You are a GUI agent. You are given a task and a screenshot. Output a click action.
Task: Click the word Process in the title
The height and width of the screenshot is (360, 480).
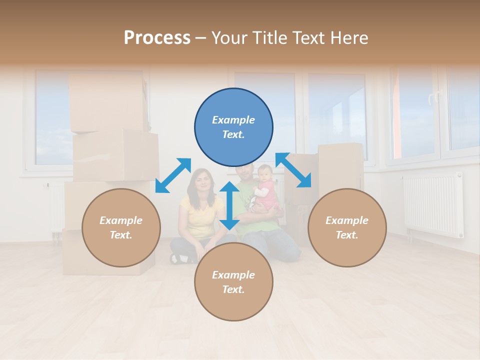pos(157,38)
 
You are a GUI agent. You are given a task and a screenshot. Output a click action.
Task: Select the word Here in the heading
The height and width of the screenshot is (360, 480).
pos(348,38)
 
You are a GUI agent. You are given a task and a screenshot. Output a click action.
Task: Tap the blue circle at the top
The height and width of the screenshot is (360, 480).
pos(233,127)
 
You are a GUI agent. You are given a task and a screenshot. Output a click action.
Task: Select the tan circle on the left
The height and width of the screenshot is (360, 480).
pos(121,227)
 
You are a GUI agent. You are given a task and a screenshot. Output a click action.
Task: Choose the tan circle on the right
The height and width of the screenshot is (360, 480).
pos(347,227)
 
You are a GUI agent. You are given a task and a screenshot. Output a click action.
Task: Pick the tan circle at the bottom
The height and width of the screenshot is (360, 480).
pos(233,282)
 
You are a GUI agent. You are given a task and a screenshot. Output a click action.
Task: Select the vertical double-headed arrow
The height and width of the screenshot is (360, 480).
pos(229,205)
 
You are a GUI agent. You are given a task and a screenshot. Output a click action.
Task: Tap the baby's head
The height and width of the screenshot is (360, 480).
pos(265,173)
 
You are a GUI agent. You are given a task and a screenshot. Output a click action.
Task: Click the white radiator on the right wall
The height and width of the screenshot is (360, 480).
pos(433,204)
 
